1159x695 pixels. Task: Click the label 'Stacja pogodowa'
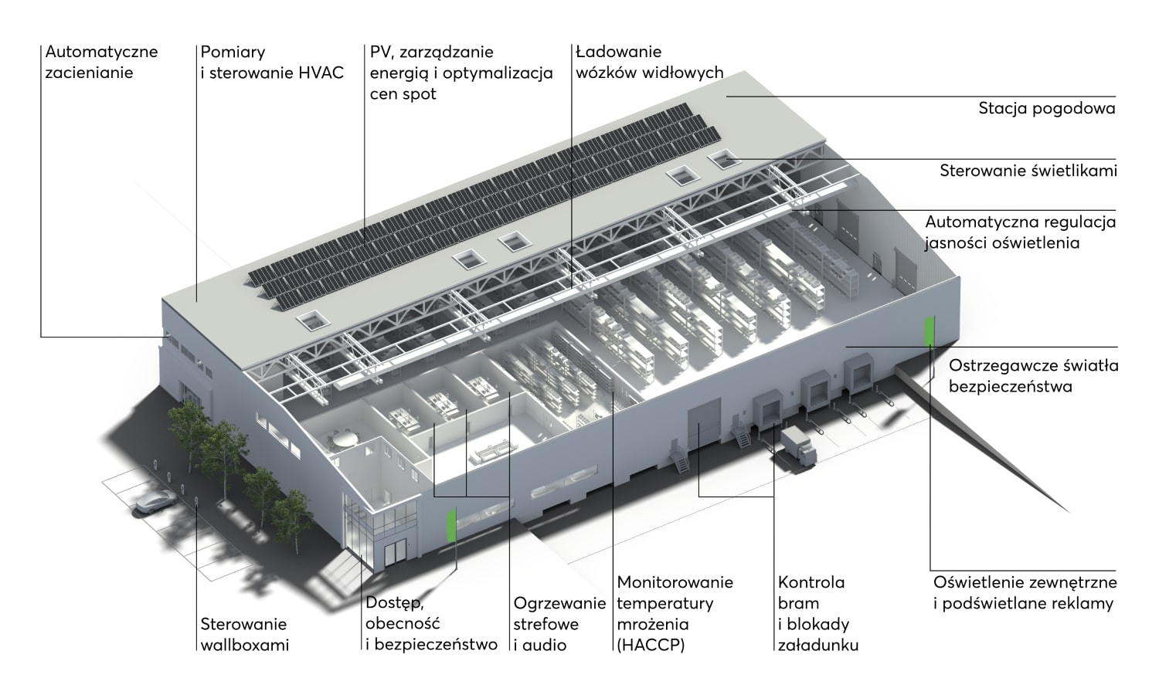point(1046,109)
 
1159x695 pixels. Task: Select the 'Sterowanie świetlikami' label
point(1028,171)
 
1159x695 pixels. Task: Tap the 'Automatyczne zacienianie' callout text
point(101,62)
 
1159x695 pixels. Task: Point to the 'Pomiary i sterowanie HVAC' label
point(272,62)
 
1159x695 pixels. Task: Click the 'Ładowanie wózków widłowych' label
point(649,62)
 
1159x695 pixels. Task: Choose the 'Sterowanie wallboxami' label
point(244,635)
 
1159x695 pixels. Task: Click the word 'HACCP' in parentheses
point(651,645)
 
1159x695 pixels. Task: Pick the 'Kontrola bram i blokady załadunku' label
point(818,614)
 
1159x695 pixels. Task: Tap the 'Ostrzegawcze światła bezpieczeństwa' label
point(1033,376)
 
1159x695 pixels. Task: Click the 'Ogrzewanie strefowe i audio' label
point(559,624)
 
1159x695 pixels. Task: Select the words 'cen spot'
point(403,94)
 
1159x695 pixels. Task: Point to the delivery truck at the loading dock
point(798,446)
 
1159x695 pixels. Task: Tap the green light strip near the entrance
point(451,525)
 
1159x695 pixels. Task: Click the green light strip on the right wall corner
point(930,331)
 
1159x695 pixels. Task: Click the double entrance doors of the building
point(395,553)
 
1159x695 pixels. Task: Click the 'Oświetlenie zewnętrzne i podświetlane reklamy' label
point(1025,593)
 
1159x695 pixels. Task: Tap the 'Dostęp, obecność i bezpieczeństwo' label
point(431,624)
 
